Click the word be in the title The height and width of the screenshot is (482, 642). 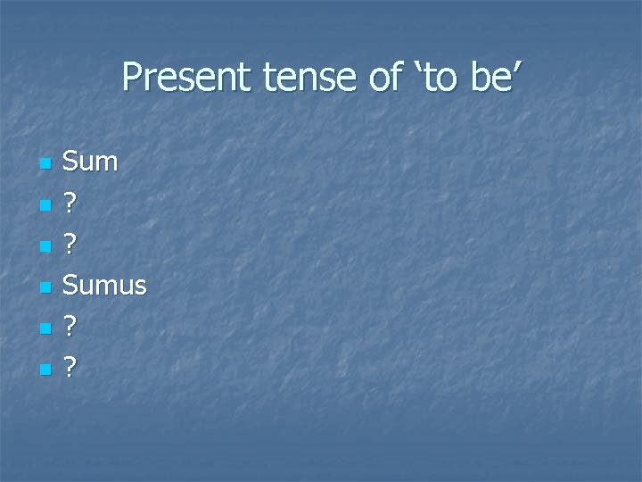490,79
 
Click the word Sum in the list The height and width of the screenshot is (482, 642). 92,162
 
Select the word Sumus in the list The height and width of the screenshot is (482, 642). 105,286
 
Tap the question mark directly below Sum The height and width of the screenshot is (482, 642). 71,204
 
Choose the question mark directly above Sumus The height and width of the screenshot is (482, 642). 71,245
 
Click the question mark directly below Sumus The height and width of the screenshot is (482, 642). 71,327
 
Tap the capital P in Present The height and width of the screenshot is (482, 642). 132,79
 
